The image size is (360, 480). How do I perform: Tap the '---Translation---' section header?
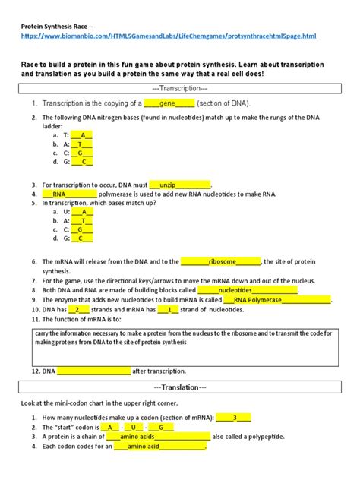(180, 387)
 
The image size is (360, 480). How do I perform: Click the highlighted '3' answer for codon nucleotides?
(234, 417)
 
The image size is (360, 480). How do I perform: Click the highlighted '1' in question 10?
(170, 309)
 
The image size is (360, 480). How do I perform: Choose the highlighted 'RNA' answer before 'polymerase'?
(65, 194)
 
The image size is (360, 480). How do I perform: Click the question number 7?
(35, 279)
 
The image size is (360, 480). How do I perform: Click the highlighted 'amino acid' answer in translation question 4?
(159, 447)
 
